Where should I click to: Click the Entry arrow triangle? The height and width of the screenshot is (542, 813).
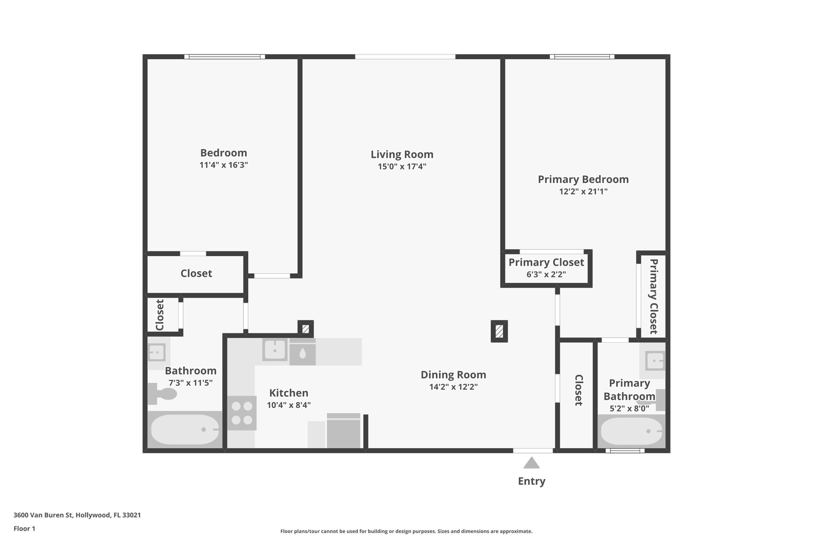coord(531,463)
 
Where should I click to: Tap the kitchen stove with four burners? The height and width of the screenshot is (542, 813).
coord(242,413)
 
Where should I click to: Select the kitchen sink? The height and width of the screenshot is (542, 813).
coord(275,350)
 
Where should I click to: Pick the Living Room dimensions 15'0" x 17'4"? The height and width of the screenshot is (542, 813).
coord(402,166)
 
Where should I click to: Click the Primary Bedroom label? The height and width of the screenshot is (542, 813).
coord(583,179)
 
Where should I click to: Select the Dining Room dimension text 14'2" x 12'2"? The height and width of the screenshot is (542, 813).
coord(454,387)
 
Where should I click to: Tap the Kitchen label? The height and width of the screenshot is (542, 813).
coord(289,393)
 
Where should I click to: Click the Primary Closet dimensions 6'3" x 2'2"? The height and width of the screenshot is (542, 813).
coord(546,274)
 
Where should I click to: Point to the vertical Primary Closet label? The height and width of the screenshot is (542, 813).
coord(654,296)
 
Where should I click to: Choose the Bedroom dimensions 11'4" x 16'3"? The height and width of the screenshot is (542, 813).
coord(224,165)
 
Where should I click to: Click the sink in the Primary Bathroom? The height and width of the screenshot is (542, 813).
coord(655,361)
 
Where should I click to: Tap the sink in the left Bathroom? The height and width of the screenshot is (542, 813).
coord(156,352)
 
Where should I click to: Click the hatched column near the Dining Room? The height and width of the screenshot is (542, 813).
coord(499,331)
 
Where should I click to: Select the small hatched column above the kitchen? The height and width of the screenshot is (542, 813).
coord(306,329)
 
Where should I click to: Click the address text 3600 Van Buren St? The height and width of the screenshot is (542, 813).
coord(44,515)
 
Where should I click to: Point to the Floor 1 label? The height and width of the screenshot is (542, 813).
coord(25,528)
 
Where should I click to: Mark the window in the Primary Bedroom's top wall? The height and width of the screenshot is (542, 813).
coord(582,57)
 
